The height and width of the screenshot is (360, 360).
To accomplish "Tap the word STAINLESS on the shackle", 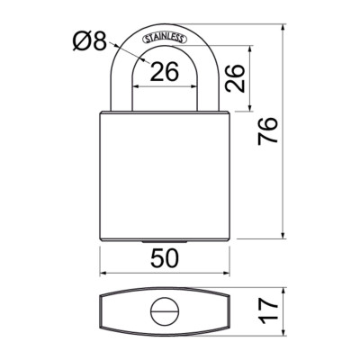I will [166, 37].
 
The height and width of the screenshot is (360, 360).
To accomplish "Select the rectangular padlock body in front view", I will [166, 175].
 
